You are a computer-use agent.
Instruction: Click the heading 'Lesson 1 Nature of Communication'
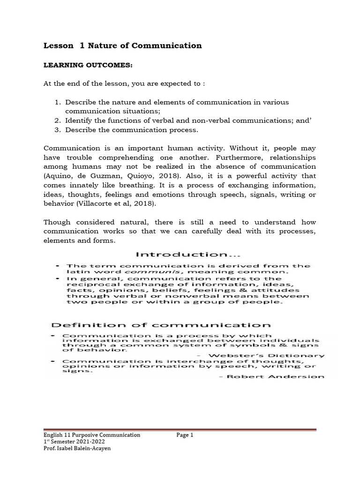pyautogui.click(x=122, y=45)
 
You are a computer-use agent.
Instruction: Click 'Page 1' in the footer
pyautogui.click(x=185, y=435)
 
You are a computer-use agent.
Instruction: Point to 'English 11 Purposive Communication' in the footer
pyautogui.click(x=92, y=435)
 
